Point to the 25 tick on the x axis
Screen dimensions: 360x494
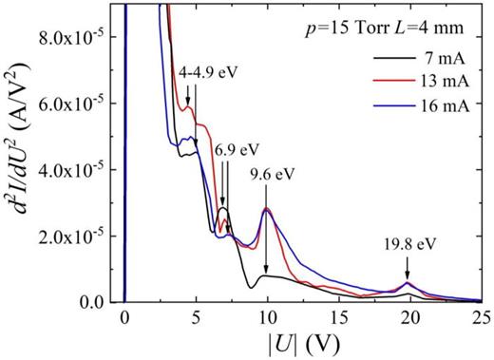pyautogui.click(x=481, y=320)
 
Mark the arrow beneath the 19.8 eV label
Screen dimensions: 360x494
pyautogui.click(x=408, y=267)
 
